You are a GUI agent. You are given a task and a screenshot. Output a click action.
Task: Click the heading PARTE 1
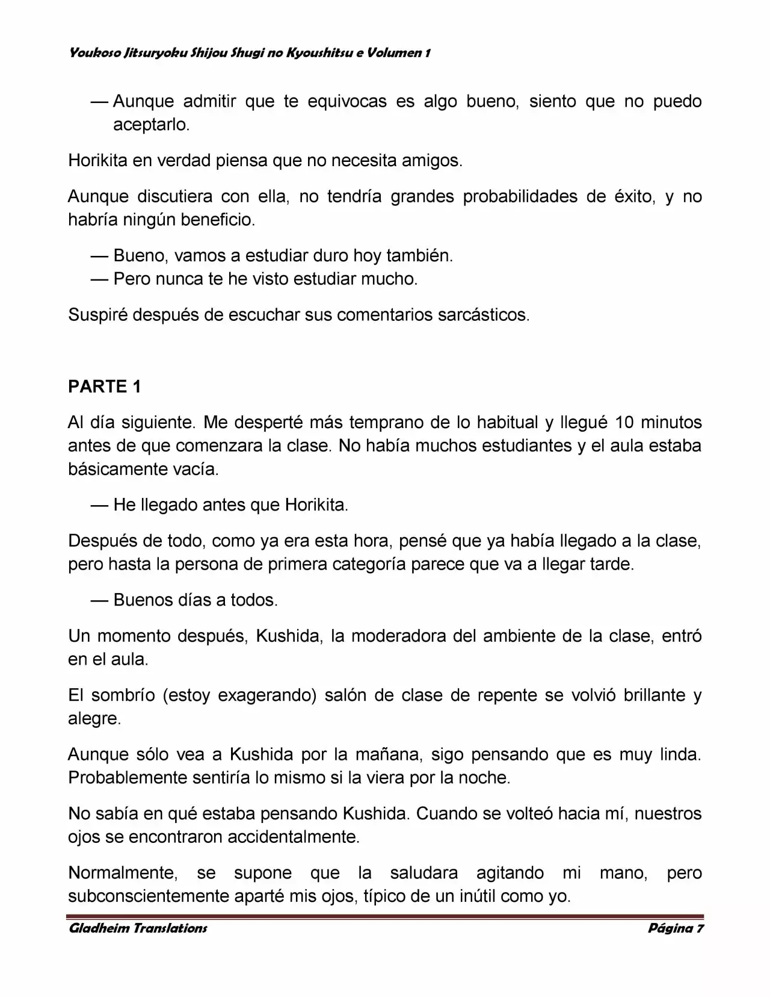[105, 387]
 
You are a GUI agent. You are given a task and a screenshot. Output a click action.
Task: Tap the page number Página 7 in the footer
[676, 928]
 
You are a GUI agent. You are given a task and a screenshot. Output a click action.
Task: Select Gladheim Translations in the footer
[138, 928]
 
